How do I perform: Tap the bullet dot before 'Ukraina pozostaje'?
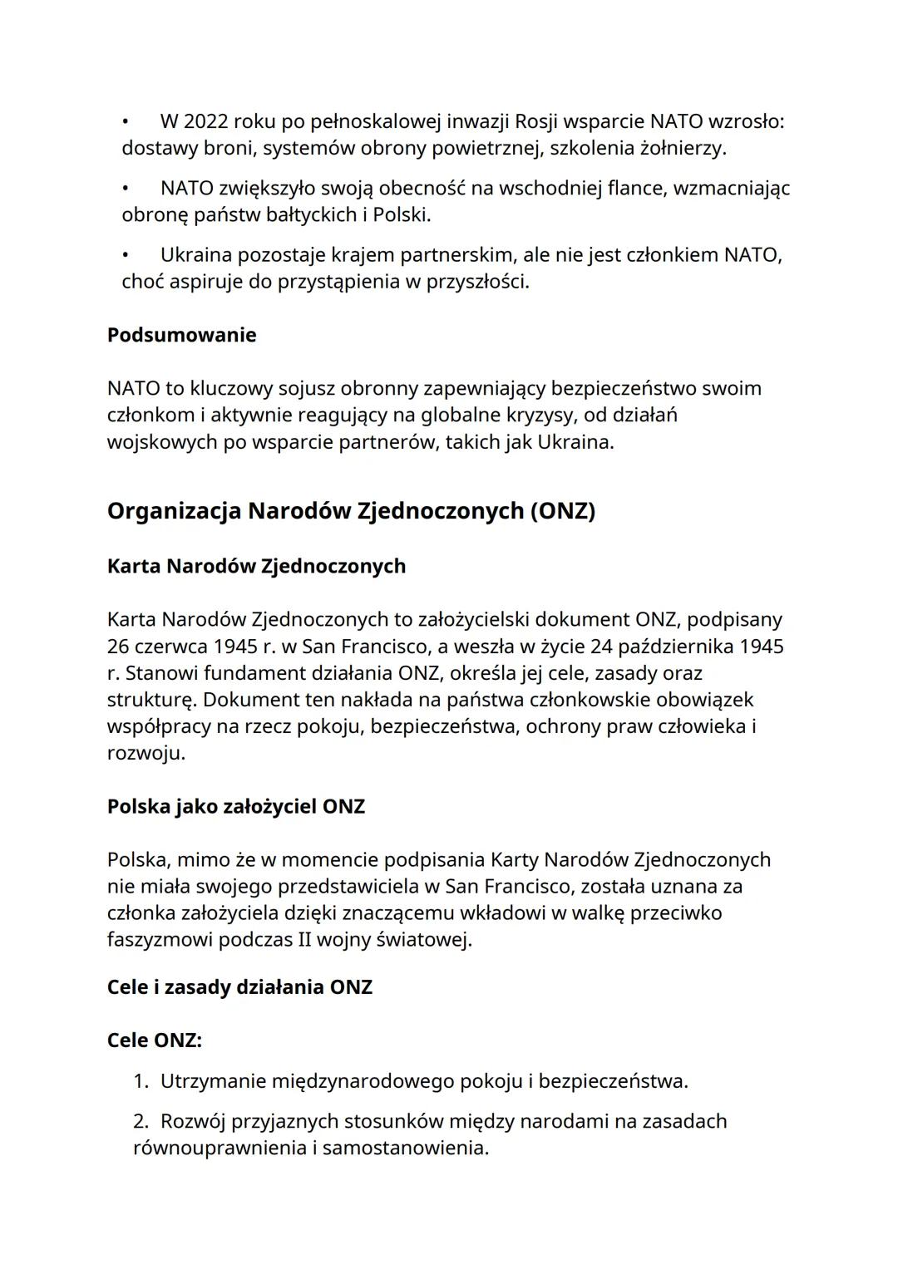(126, 254)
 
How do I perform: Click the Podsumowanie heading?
(181, 335)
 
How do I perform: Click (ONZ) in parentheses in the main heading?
(562, 510)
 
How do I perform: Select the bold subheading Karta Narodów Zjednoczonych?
(256, 566)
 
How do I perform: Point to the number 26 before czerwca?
(118, 647)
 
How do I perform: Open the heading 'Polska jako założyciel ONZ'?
(235, 807)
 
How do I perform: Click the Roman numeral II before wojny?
(305, 940)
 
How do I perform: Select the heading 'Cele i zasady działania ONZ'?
(239, 987)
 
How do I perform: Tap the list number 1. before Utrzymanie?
(141, 1081)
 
